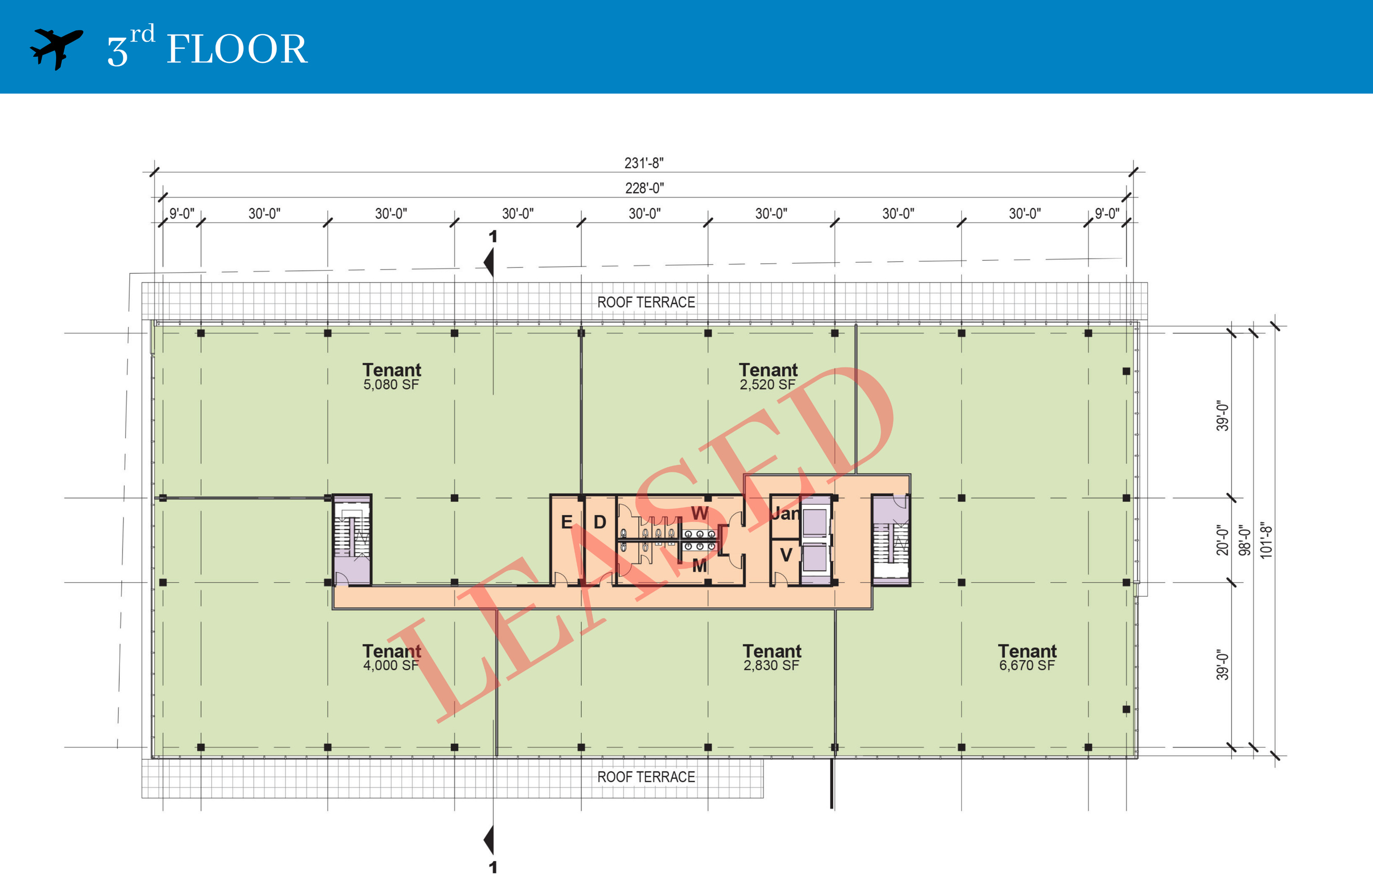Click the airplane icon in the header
[56, 48]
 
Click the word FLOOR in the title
[237, 49]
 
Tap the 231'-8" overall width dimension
[644, 163]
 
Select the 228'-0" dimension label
[644, 188]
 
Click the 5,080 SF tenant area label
[391, 385]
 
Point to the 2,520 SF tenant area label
[767, 385]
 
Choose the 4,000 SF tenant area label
[391, 665]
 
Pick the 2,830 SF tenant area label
[771, 665]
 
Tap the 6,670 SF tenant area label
[1027, 665]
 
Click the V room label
[785, 555]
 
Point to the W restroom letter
[700, 513]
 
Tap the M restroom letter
[700, 566]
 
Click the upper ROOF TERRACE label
[646, 302]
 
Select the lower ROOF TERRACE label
[646, 777]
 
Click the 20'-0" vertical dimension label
[1222, 540]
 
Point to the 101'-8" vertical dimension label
[1266, 540]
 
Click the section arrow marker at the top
[490, 262]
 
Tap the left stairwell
[352, 540]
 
